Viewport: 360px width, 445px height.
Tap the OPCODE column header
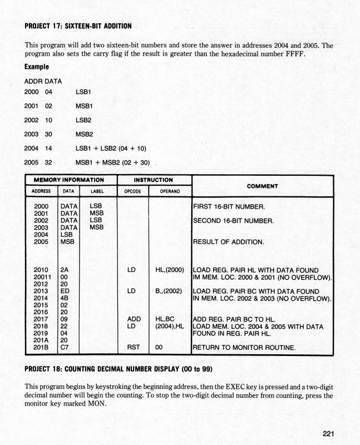point(132,191)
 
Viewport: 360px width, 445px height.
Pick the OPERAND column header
point(170,191)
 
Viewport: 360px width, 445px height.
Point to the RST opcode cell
point(132,349)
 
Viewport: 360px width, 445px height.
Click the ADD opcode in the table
point(132,319)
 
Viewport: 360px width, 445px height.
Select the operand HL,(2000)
point(170,269)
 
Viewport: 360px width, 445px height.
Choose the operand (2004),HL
point(170,326)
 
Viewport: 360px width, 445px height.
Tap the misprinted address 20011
point(43,277)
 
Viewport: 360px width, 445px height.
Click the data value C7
point(64,349)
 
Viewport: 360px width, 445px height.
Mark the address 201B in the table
point(42,349)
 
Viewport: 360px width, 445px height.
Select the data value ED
point(64,291)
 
